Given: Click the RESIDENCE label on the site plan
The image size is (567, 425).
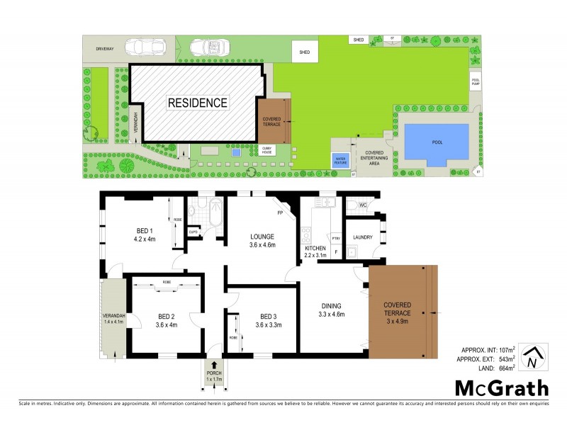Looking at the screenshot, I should pos(198,103).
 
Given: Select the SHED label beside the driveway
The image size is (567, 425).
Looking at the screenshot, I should pos(305,52).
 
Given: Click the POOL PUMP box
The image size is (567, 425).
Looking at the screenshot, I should pos(476,81).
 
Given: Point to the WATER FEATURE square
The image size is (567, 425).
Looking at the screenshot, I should pos(340,160).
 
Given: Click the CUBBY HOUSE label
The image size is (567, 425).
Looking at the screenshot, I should pos(267,151).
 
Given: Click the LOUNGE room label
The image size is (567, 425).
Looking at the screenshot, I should pos(262,241).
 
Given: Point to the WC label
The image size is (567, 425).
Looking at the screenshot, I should pos(361,205).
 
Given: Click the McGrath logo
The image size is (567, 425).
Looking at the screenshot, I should pos(501,387).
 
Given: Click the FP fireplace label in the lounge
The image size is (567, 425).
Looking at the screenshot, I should pos(281,212).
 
